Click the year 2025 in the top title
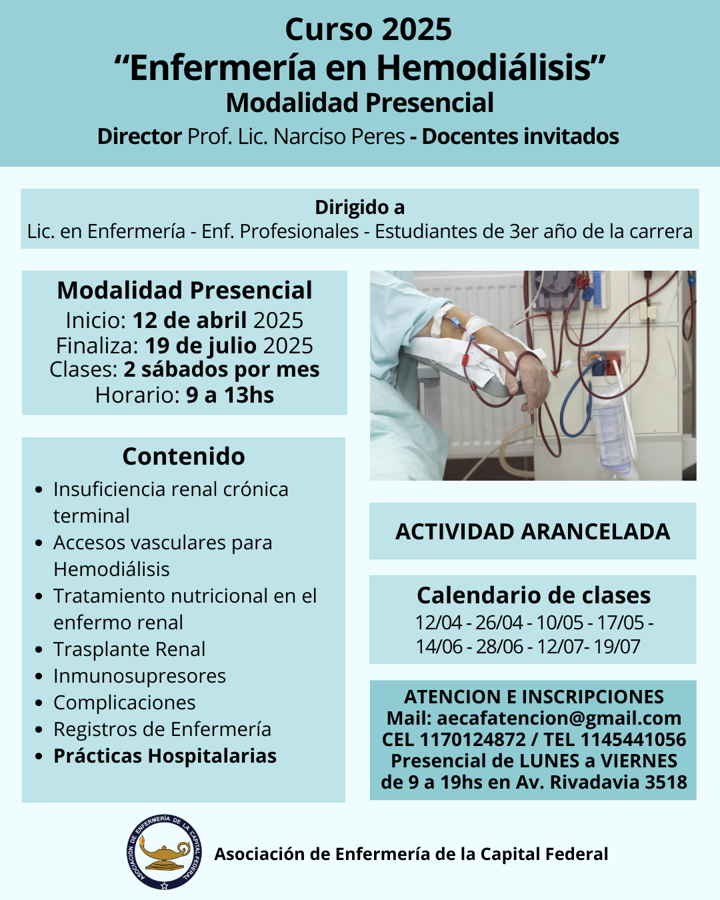417,29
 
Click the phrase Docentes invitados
520,137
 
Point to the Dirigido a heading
360,207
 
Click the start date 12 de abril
189,321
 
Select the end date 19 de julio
201,345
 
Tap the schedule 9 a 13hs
230,395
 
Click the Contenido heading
183,456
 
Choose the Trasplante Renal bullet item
129,649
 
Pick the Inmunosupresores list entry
139,676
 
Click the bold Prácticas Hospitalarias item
165,756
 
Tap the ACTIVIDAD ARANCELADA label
533,531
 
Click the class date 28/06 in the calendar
499,646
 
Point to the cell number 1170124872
472,739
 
